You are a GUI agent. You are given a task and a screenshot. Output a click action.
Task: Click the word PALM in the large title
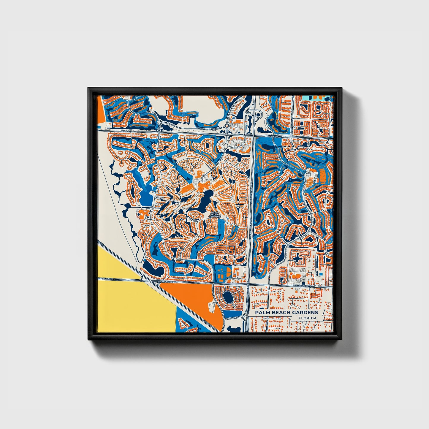click(x=262, y=312)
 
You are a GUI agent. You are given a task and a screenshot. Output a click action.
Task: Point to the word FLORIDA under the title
click(x=308, y=318)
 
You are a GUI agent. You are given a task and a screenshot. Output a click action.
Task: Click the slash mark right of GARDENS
click(x=323, y=315)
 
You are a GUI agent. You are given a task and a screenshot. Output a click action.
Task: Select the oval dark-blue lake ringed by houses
click(x=228, y=296)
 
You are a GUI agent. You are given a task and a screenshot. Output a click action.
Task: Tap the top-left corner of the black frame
click(x=88, y=88)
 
